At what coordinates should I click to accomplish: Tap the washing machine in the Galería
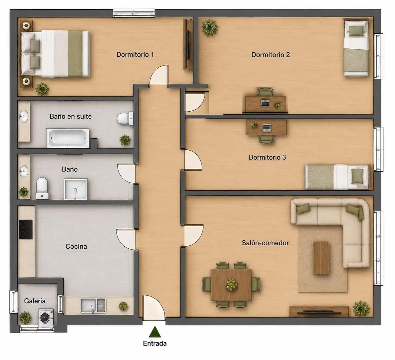(46, 318)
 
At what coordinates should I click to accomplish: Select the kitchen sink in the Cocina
(93, 306)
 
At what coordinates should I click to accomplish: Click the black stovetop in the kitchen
(25, 229)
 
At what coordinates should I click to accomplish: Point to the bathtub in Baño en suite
(68, 138)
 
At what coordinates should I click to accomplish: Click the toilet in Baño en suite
(125, 118)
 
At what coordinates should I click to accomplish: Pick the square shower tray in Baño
(76, 189)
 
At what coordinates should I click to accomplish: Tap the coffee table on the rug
(321, 258)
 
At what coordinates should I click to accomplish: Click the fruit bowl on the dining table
(231, 284)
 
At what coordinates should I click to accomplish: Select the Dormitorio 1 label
(135, 54)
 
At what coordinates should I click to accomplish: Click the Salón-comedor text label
(265, 243)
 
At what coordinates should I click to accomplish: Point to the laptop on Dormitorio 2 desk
(265, 103)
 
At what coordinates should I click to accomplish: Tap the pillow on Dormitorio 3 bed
(357, 176)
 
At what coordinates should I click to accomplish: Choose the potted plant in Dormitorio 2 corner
(209, 27)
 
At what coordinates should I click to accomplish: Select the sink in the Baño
(24, 171)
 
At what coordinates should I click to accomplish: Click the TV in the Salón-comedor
(319, 313)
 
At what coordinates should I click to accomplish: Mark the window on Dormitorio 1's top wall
(134, 13)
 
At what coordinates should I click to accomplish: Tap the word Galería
(35, 301)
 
